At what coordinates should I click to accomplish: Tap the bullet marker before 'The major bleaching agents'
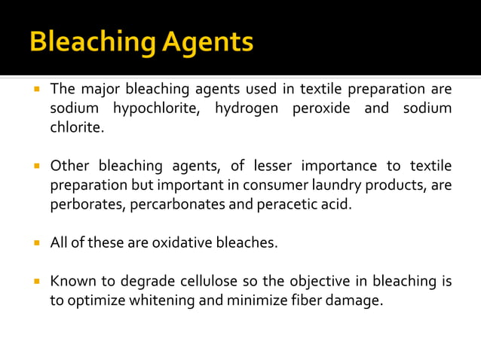(x=35, y=89)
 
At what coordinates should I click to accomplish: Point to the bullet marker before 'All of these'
(x=35, y=243)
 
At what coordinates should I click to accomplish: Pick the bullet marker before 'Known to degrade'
(x=35, y=282)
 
